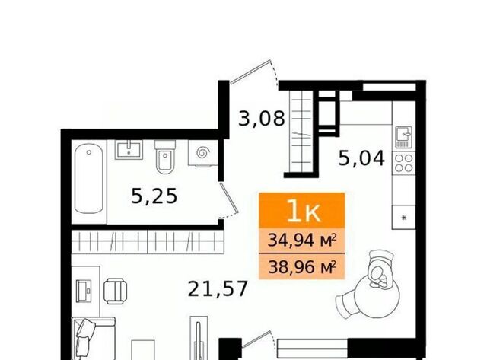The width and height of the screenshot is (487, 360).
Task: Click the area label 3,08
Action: (x=262, y=118)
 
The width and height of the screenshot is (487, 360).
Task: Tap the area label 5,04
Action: (x=361, y=158)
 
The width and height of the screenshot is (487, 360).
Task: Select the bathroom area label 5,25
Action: (x=154, y=196)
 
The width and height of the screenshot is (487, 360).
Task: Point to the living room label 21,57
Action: (x=218, y=288)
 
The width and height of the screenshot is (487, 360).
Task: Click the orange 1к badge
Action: (x=302, y=210)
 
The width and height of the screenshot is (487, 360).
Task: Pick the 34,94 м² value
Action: (x=302, y=240)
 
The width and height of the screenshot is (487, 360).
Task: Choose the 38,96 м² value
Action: (x=302, y=266)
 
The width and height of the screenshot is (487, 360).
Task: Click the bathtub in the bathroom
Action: (x=89, y=178)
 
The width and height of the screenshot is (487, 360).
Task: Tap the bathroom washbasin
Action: (x=129, y=150)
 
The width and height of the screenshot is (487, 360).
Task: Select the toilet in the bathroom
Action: (x=165, y=157)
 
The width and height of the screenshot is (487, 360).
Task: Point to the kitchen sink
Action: (x=404, y=137)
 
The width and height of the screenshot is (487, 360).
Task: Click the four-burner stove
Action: (x=404, y=163)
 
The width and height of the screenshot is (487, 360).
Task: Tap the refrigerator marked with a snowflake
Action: (x=404, y=218)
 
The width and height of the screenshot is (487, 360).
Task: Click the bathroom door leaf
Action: (x=229, y=198)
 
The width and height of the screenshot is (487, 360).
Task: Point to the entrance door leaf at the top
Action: (x=250, y=72)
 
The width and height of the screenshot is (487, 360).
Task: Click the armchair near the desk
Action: (x=115, y=291)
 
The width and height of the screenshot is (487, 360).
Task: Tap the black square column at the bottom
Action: (x=230, y=349)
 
